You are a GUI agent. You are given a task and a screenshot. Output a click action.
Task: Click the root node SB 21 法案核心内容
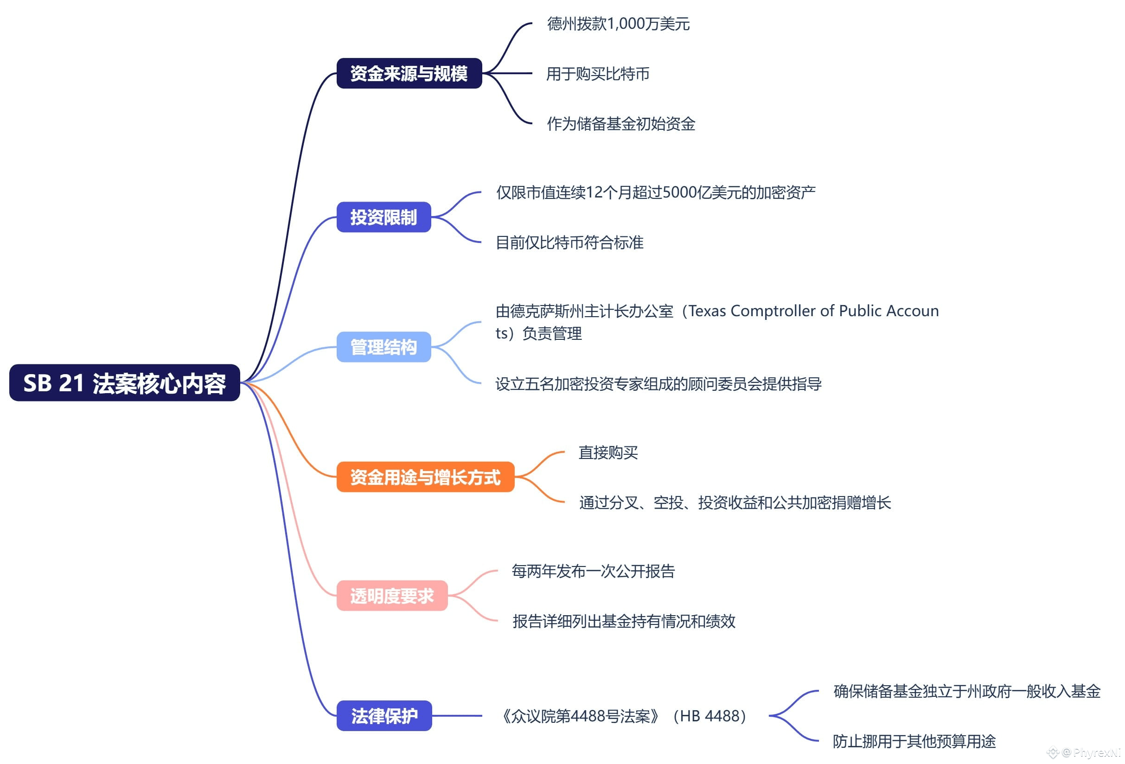click(124, 383)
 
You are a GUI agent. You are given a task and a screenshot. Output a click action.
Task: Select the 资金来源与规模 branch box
click(409, 74)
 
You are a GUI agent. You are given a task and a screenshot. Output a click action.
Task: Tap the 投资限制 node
click(384, 217)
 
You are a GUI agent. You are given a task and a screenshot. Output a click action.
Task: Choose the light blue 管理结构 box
click(384, 347)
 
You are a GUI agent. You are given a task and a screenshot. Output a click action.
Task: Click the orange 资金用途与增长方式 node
click(425, 477)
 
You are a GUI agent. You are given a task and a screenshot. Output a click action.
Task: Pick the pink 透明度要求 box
click(392, 596)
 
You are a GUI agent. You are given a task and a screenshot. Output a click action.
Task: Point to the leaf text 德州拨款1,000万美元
click(618, 24)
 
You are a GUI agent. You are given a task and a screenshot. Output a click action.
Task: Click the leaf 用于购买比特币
click(598, 74)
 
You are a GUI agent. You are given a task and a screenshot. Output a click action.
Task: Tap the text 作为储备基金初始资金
click(621, 124)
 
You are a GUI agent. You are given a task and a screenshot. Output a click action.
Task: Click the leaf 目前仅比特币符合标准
click(570, 242)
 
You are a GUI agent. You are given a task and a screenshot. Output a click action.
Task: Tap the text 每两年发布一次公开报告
click(593, 572)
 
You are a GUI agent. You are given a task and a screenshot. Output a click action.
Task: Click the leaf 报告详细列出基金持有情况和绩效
click(624, 621)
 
